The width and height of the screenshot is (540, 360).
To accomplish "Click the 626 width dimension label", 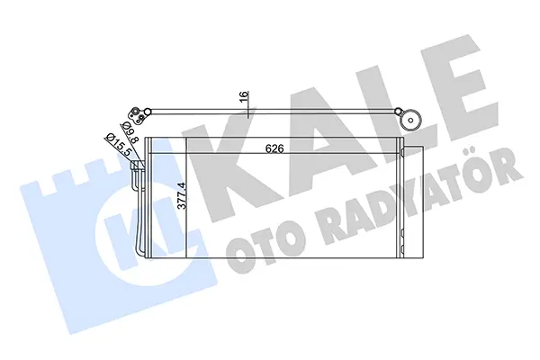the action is tap(274, 148).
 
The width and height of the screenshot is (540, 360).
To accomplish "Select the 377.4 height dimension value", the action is tap(182, 195).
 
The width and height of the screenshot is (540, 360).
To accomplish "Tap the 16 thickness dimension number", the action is tap(244, 96).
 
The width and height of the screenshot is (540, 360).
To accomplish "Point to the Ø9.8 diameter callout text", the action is tap(130, 133).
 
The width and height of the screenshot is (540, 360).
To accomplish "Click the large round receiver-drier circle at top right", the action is tap(410, 121).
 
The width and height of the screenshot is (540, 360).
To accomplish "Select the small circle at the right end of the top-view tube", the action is tap(398, 112).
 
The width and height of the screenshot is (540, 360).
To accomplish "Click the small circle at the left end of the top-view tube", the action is tap(148, 112).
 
